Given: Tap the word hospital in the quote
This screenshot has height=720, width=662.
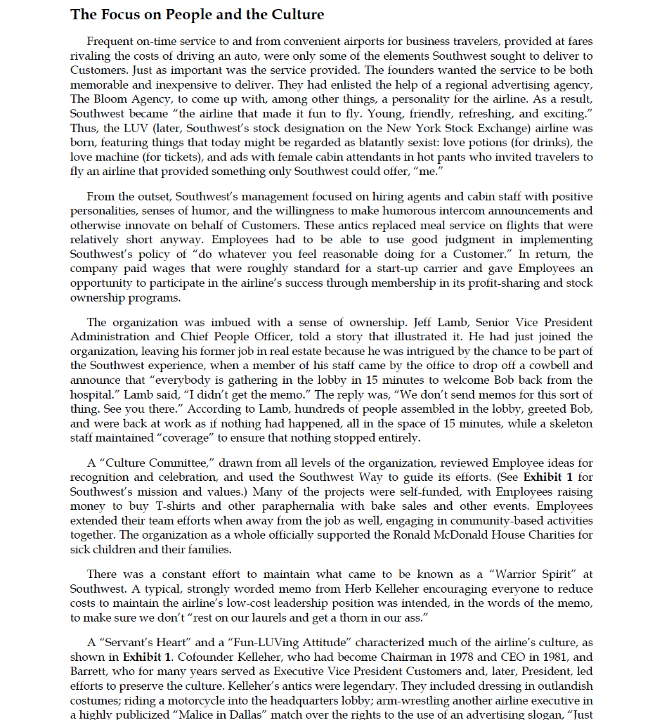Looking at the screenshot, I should pyautogui.click(x=91, y=394).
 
